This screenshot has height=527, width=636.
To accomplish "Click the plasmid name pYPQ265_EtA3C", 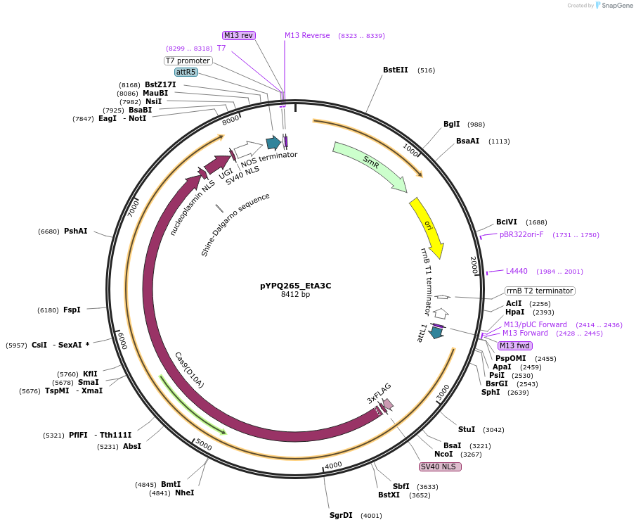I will (295, 286).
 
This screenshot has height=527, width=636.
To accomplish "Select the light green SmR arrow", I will (370, 166).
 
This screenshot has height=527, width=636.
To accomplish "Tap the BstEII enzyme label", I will (395, 70).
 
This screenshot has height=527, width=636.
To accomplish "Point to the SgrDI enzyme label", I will (341, 516).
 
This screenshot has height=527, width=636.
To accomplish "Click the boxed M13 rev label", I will (239, 35).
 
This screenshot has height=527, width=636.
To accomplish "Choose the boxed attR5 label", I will (186, 72).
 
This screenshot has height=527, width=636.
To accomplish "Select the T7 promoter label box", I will (188, 61).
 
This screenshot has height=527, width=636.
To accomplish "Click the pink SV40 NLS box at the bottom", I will (439, 466).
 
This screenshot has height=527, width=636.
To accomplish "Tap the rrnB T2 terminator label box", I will (540, 291).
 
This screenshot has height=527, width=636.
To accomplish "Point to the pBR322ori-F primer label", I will (521, 235).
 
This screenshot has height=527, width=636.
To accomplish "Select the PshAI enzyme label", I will (76, 231).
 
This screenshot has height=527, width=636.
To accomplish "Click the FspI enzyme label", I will (72, 310).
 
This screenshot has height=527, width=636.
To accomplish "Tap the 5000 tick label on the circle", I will (203, 445).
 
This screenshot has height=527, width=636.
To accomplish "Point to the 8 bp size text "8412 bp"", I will (295, 295).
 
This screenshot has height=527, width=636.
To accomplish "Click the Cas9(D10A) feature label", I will (189, 370).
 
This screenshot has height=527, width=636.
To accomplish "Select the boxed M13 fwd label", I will (515, 345).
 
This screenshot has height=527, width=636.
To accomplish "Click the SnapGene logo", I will (614, 6).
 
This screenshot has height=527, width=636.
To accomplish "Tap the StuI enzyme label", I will (467, 429).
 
